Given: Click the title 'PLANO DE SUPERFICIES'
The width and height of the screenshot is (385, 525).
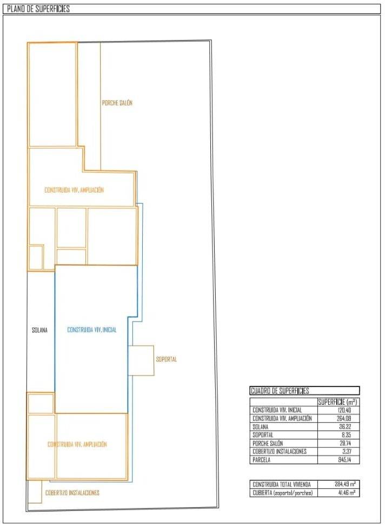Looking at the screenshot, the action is click(38, 9).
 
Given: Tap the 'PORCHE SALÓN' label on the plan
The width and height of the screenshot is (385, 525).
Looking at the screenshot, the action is click(117, 103).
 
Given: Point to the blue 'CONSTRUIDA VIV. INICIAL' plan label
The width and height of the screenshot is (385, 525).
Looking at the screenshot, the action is click(92, 330).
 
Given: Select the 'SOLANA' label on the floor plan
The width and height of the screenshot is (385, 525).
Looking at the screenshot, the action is click(40, 330).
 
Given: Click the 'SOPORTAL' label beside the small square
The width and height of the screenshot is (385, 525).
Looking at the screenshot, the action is click(166, 359).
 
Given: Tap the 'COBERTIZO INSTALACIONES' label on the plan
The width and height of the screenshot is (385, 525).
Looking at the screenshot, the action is click(72, 493).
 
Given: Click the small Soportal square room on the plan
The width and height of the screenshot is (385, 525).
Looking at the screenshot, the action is click(141, 360).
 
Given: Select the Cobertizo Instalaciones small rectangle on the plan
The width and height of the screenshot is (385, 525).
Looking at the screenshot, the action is click(35, 491).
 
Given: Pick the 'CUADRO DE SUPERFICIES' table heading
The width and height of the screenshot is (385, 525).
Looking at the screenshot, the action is click(280, 391).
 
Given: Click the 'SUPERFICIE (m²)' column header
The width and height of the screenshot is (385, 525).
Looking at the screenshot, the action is click(337, 402).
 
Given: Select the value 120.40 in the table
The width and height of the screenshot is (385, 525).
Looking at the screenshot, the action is click(343, 410).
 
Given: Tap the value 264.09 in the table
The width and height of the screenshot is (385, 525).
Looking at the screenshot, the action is click(343, 418).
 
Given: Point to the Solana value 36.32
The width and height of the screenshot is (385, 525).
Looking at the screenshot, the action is click(344, 427).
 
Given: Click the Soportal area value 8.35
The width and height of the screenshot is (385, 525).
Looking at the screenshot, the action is click(346, 435).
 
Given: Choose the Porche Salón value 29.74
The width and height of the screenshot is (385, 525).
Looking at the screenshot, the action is click(344, 443).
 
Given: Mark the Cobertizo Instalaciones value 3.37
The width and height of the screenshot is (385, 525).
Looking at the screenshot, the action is click(346, 451).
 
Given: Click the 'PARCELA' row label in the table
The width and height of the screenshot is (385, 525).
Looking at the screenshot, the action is click(261, 460).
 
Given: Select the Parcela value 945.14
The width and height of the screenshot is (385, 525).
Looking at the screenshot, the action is click(344, 460).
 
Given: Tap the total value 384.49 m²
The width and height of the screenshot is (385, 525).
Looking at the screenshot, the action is click(345, 484).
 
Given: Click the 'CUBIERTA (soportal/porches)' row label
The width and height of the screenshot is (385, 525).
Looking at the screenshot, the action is click(283, 493).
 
